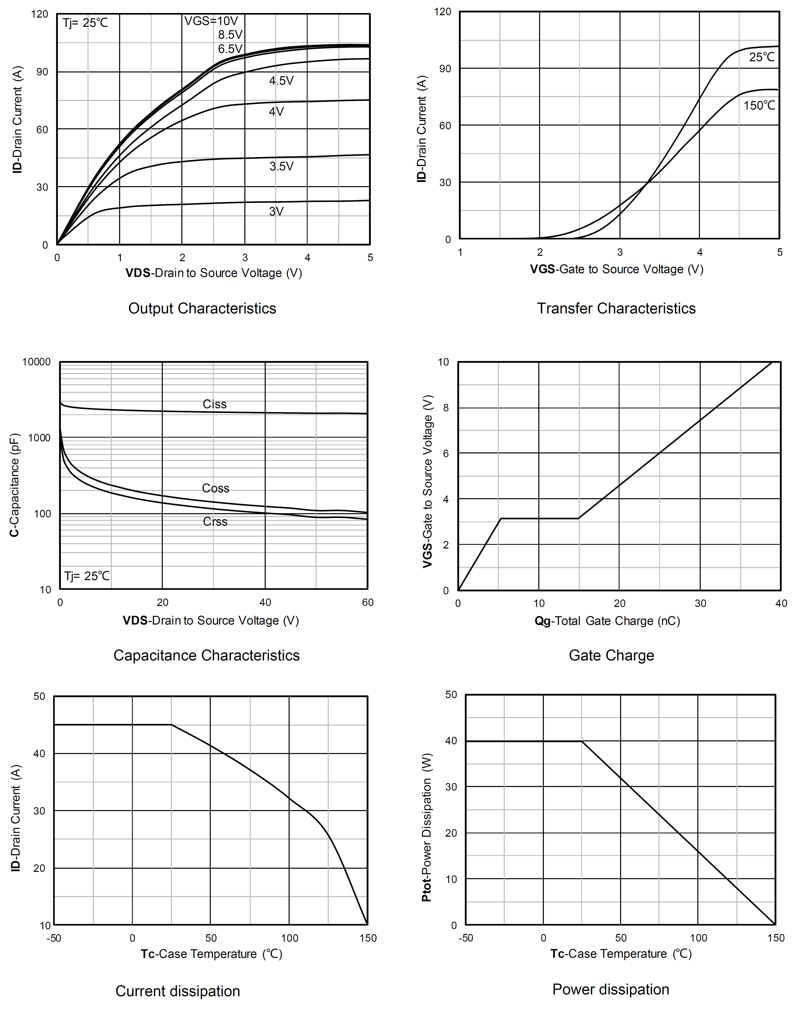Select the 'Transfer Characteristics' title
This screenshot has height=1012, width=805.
[616, 308]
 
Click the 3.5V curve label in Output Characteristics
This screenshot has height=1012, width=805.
[281, 166]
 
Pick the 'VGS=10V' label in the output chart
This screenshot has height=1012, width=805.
[211, 21]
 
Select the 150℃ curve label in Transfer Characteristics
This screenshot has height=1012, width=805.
[759, 106]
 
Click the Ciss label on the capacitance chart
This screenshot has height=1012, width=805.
[215, 404]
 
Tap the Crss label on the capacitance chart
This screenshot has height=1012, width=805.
[215, 521]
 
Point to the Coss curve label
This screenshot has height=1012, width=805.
[216, 488]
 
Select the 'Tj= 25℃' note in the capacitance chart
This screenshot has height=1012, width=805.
[87, 576]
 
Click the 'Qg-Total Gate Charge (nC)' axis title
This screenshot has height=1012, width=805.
[607, 621]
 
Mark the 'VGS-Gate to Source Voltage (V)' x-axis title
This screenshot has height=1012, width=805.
[617, 269]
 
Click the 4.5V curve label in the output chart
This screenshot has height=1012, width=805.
[281, 81]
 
